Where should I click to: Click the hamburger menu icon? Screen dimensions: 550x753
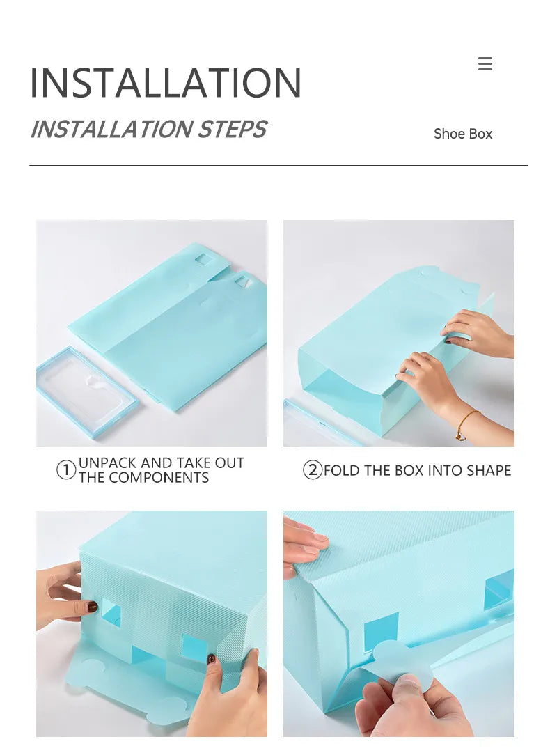point(485,63)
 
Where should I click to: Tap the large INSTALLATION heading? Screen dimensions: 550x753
point(166,83)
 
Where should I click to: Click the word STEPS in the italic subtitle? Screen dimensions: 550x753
point(233,129)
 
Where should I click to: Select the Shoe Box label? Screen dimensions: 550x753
point(463,134)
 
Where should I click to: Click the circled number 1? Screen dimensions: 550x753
point(66,469)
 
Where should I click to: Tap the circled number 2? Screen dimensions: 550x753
point(313,469)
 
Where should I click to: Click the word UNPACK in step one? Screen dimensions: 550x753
point(107,463)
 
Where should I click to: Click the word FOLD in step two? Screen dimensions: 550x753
point(342,470)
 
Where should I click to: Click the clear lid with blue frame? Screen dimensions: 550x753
point(88,392)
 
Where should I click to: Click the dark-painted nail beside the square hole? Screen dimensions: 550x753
point(92,607)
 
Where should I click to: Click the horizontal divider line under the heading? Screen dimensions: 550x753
point(279,166)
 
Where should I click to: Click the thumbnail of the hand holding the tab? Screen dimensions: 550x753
point(399,623)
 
